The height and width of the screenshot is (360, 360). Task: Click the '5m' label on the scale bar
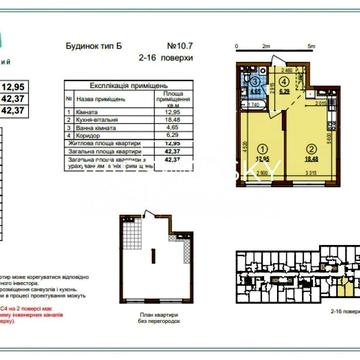click(311, 47)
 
